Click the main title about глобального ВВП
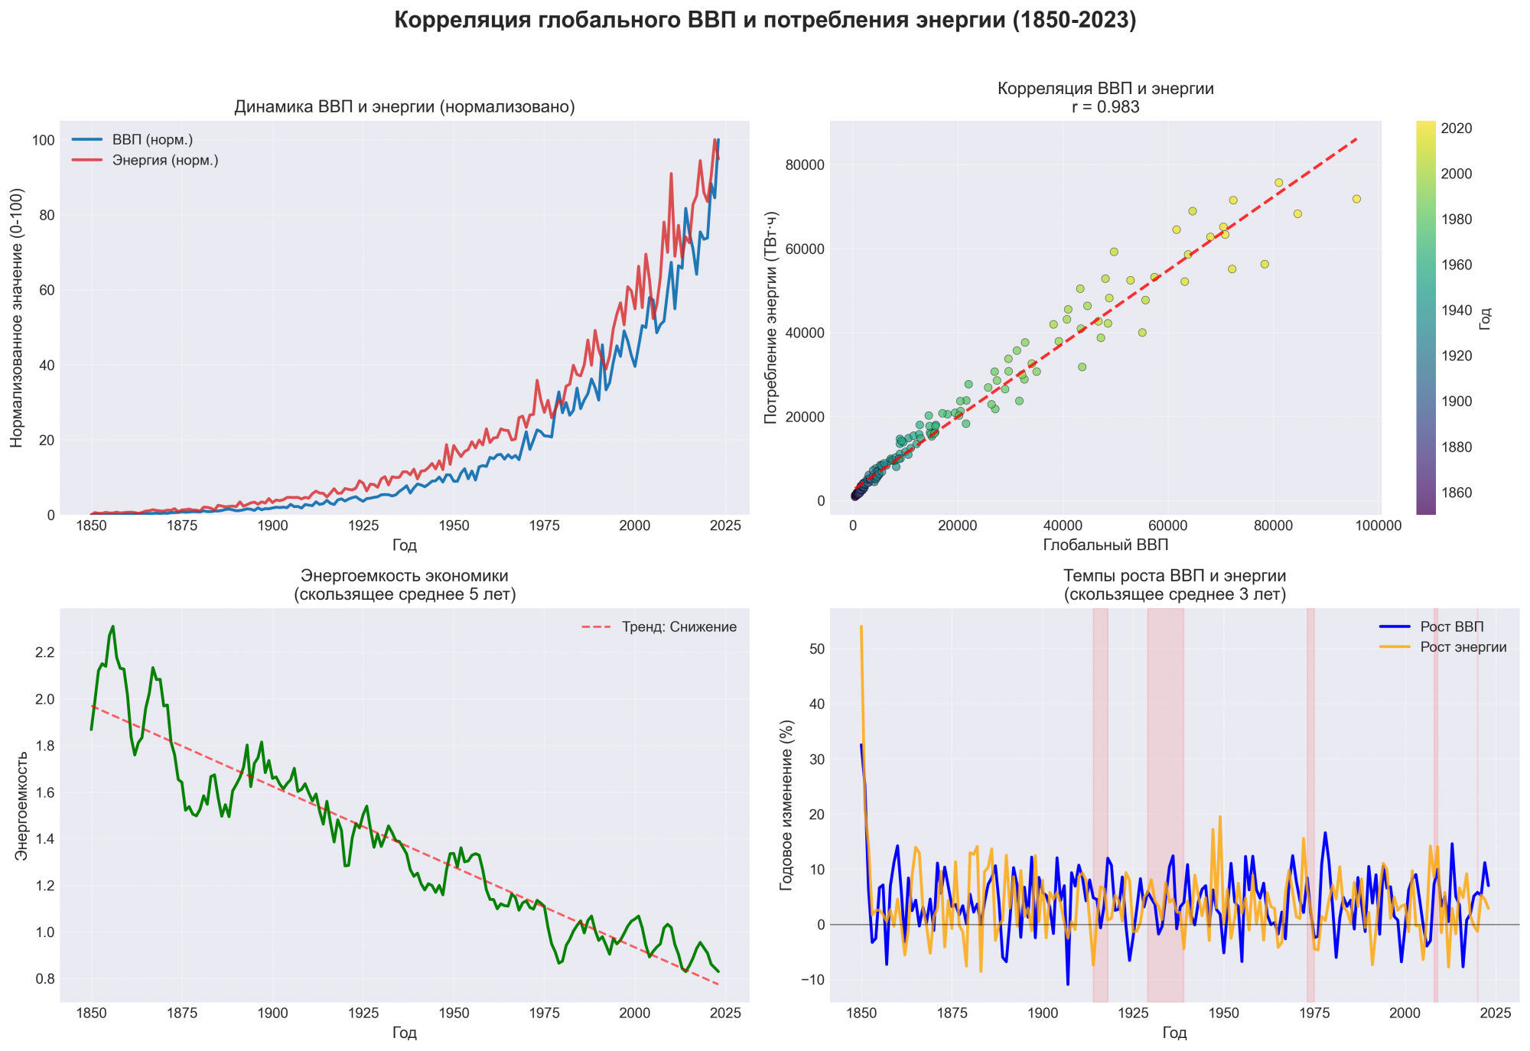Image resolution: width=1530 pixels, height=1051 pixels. [765, 21]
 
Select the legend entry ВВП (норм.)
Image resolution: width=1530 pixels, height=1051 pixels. [152, 140]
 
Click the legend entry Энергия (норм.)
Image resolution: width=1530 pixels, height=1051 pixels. [165, 161]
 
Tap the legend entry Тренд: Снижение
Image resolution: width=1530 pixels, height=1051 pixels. [679, 627]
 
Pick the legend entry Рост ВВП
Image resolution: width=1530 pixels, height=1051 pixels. [1451, 627]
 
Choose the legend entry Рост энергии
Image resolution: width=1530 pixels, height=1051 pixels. [1463, 647]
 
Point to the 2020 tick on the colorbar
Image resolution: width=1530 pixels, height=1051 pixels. [1457, 129]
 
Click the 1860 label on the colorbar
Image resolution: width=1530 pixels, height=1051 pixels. [1457, 493]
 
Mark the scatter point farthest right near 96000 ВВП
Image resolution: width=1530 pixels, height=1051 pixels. [1356, 199]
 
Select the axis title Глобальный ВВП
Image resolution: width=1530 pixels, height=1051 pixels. [1105, 545]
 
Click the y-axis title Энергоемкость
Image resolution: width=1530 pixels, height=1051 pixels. [22, 805]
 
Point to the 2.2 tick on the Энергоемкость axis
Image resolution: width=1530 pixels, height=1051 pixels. [44, 652]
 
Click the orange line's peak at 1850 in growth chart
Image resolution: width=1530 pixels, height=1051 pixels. [861, 626]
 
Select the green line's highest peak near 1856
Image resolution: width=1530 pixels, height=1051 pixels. [113, 626]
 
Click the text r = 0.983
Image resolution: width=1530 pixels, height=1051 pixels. [1105, 107]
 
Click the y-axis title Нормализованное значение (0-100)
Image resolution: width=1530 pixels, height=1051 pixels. [18, 317]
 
